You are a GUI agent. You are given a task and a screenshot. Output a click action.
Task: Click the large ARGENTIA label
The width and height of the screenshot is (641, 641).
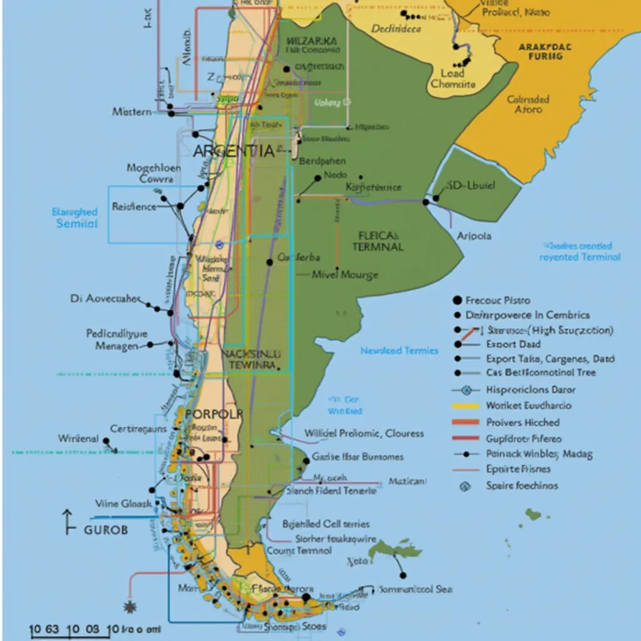click(x=233, y=151)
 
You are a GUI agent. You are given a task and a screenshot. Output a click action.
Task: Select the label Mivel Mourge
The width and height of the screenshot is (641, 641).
click(x=345, y=275)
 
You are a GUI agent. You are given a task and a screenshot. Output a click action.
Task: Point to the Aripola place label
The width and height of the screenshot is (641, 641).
click(x=473, y=236)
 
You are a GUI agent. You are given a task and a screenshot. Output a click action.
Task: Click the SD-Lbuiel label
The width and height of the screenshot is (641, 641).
click(x=471, y=186)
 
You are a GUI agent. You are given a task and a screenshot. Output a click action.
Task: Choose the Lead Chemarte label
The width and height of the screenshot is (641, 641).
click(x=453, y=79)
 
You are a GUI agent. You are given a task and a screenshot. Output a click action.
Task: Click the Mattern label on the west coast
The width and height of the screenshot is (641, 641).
click(x=131, y=111)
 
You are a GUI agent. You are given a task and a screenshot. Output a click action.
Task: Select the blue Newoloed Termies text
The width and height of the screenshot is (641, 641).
click(x=399, y=351)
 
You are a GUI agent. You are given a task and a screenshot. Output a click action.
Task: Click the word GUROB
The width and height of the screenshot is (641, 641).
click(x=105, y=530)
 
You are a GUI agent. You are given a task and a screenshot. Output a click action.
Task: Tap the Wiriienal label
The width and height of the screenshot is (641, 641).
click(x=78, y=439)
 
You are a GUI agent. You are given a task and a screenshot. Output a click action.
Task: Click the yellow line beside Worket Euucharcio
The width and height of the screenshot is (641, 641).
click(x=464, y=406)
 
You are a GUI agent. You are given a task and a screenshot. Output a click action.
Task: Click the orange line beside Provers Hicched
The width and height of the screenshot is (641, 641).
click(x=464, y=423)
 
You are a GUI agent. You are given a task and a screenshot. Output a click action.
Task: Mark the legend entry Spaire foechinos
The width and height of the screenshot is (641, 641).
click(x=521, y=485)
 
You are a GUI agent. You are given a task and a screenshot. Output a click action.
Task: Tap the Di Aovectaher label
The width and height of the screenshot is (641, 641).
click(x=105, y=299)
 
